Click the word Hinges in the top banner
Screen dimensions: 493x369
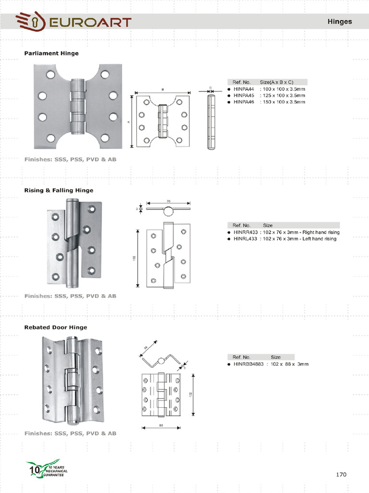pyautogui.click(x=339, y=22)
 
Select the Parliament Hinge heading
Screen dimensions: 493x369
pyautogui.click(x=51, y=53)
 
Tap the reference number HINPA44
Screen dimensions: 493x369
pyautogui.click(x=244, y=89)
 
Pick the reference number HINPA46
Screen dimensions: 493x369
pyautogui.click(x=244, y=102)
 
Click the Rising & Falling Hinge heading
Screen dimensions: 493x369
pyautogui.click(x=59, y=190)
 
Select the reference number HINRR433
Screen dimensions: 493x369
pyautogui.click(x=245, y=232)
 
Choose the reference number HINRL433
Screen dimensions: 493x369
pyautogui.click(x=245, y=239)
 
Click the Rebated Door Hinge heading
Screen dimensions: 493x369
pyautogui.click(x=56, y=327)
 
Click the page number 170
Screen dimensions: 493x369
pyautogui.click(x=341, y=474)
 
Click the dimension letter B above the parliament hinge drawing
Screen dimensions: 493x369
pyautogui.click(x=162, y=89)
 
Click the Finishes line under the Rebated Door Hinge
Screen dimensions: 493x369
pyautogui.click(x=70, y=433)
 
